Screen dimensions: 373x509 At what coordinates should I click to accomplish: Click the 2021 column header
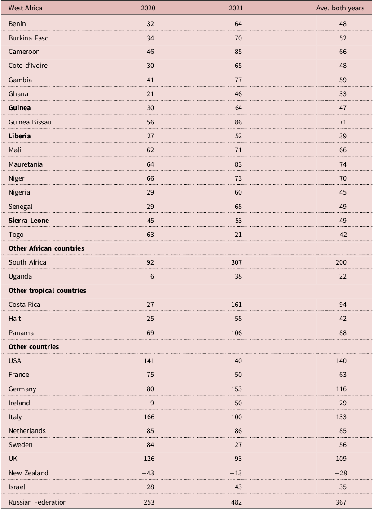click(236, 8)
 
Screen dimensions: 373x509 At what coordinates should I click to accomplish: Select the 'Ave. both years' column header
click(340, 8)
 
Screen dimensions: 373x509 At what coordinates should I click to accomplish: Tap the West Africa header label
click(25, 8)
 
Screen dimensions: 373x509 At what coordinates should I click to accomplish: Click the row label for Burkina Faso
click(29, 38)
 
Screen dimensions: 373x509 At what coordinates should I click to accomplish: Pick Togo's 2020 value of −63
click(148, 235)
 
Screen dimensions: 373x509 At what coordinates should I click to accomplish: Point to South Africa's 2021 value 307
click(237, 262)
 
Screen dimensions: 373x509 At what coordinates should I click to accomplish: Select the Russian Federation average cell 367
click(341, 502)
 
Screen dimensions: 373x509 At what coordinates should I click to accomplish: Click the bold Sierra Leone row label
click(29, 221)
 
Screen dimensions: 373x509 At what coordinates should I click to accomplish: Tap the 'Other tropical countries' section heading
click(48, 291)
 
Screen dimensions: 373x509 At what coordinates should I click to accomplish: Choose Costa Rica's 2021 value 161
click(237, 305)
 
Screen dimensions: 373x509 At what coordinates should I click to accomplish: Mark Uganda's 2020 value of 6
click(152, 276)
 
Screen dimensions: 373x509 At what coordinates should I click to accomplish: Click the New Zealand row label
click(29, 473)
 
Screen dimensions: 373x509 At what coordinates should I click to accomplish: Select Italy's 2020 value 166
click(149, 417)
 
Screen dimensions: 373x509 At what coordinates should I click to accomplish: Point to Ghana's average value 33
click(343, 94)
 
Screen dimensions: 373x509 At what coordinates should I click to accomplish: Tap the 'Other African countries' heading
click(46, 248)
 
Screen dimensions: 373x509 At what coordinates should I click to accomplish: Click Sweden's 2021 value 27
click(238, 445)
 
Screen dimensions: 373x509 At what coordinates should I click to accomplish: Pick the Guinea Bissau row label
click(30, 122)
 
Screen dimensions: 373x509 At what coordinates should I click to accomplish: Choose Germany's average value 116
click(341, 389)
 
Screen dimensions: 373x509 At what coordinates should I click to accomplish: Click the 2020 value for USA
click(149, 361)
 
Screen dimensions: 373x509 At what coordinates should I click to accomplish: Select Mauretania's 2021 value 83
click(238, 164)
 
